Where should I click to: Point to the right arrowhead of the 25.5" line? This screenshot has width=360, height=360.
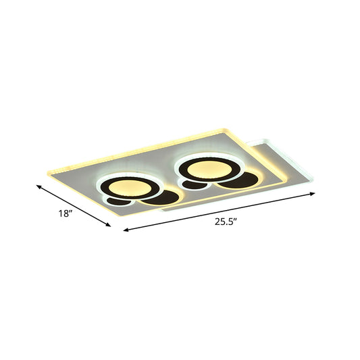point(313,194)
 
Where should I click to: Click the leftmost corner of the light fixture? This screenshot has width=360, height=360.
point(46,174)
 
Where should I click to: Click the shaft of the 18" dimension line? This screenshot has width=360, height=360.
point(74,206)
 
